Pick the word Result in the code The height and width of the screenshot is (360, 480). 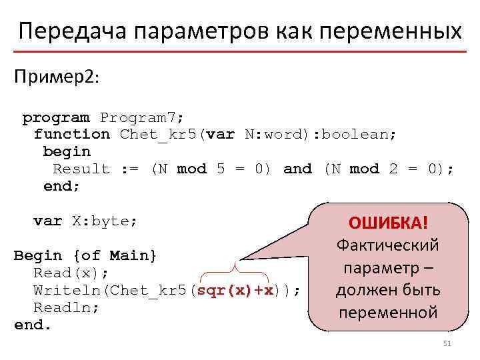click(81, 169)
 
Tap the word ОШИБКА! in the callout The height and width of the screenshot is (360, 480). click(388, 222)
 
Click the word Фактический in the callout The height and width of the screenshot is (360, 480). click(388, 245)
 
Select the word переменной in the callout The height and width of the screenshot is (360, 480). click(388, 312)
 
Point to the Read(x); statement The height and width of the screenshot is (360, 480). click(71, 273)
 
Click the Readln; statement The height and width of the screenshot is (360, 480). click(67, 308)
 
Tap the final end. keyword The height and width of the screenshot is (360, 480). click(33, 325)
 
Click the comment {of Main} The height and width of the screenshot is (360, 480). click(116, 256)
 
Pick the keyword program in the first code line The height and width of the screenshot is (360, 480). click(56, 118)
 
